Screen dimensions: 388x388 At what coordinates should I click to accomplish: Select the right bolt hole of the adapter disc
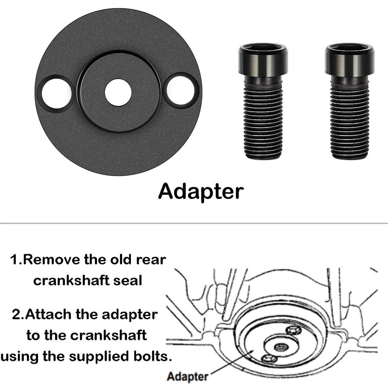(x=181, y=91)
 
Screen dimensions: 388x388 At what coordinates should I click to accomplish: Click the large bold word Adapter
(x=201, y=191)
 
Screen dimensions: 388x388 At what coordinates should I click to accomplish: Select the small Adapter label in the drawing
(x=188, y=377)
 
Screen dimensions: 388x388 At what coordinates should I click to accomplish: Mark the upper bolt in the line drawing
(x=293, y=330)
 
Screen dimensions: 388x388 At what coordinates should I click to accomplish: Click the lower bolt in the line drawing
(x=269, y=358)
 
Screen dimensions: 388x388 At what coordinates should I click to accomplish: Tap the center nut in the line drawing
(x=280, y=346)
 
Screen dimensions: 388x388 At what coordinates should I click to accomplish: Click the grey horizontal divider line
(x=194, y=223)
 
